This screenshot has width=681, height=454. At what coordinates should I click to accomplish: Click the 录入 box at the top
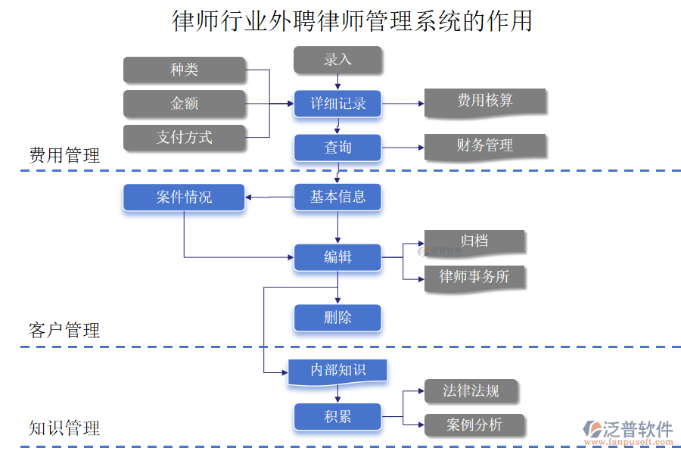[337, 60]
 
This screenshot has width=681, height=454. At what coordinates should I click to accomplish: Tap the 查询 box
[337, 148]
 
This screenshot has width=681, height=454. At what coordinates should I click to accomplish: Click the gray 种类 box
[184, 70]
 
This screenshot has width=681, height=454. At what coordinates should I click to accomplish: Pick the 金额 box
[184, 104]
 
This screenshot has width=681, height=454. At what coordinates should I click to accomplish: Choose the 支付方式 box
[184, 137]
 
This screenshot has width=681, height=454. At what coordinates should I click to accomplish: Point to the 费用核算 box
[484, 101]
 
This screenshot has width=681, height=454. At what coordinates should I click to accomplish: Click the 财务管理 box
[484, 146]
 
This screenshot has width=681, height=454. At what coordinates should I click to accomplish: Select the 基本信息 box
[337, 197]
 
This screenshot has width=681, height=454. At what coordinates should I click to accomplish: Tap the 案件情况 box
[184, 197]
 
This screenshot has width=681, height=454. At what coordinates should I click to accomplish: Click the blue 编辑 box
[337, 257]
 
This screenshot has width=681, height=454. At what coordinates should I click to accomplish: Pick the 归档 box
[474, 241]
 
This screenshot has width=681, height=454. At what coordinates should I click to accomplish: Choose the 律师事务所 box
[474, 277]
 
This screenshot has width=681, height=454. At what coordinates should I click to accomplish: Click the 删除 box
[337, 318]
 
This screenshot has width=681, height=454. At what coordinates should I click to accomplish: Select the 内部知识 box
[337, 371]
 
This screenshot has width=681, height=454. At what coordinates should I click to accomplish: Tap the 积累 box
[337, 416]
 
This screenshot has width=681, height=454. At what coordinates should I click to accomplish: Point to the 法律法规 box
[471, 391]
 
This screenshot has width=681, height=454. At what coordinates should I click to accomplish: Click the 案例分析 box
[474, 425]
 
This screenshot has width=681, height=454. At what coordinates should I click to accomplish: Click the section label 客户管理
[64, 331]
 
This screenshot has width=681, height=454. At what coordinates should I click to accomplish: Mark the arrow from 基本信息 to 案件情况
[269, 198]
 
